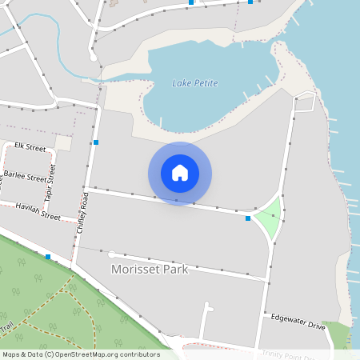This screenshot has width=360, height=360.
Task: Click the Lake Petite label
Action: [x=195, y=83]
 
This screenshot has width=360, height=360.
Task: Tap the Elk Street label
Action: [x=30, y=147]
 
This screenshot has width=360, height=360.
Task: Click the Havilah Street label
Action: [x=38, y=210]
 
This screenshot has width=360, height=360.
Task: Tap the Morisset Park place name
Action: [x=150, y=270]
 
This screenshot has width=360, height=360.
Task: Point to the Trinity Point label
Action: [x=289, y=352]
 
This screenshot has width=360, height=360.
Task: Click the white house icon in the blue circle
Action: [x=180, y=173]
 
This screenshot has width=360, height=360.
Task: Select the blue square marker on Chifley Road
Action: [x=96, y=142]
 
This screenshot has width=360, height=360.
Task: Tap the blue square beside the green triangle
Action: [x=248, y=218]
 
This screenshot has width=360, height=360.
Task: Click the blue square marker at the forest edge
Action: [x=49, y=257]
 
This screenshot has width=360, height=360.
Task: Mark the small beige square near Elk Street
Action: [x=63, y=142]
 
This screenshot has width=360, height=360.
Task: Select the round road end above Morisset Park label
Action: [x=112, y=254]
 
